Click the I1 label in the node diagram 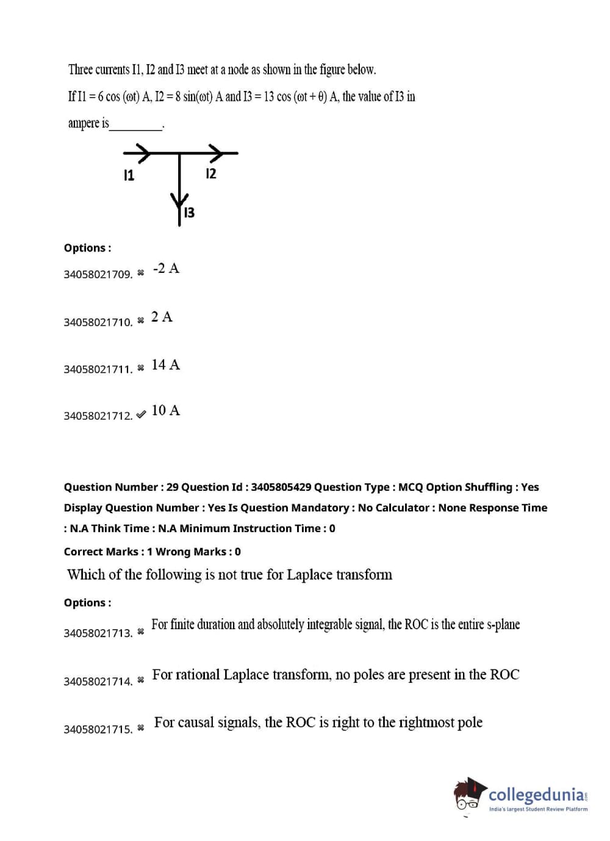click(129, 175)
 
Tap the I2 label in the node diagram click(211, 173)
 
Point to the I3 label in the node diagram click(190, 213)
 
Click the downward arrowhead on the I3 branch click(179, 203)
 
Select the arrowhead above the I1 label click(143, 153)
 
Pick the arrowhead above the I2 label click(216, 153)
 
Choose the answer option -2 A click(166, 269)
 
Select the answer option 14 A click(166, 364)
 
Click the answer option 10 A click(166, 410)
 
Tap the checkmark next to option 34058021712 click(141, 415)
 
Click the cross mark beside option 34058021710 click(141, 320)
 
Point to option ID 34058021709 click(98, 275)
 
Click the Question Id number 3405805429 click(281, 487)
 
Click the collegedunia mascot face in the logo click(468, 795)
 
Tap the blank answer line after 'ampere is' click(135, 130)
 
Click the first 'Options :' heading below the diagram click(87, 248)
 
